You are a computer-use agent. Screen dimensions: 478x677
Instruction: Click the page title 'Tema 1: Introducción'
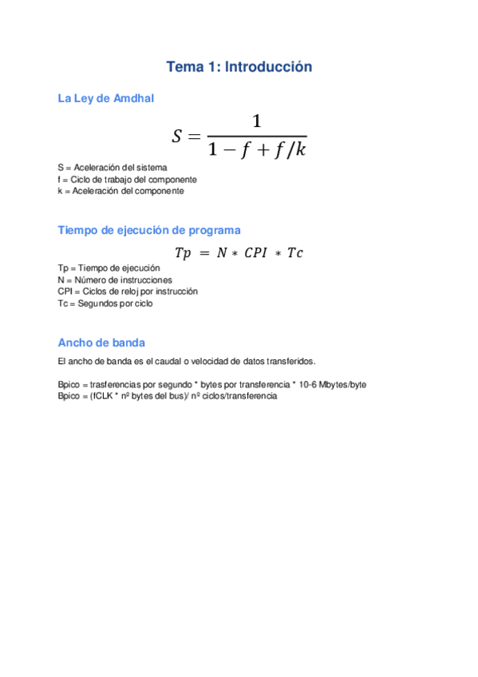(x=239, y=67)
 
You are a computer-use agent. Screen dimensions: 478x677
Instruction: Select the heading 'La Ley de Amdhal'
(x=106, y=98)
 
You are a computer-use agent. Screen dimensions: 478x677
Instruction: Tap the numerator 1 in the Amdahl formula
(x=256, y=122)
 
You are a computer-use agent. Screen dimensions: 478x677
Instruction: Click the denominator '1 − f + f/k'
(x=256, y=150)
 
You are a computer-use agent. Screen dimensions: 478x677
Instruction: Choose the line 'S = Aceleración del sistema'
(x=113, y=168)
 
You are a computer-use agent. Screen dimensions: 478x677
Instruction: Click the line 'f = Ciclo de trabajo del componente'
(x=127, y=180)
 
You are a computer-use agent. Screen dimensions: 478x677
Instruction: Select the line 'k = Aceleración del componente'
(x=120, y=191)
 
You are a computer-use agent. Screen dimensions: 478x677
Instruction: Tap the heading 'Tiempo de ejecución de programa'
(x=148, y=230)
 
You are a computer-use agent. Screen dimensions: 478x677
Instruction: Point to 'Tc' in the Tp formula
(x=294, y=253)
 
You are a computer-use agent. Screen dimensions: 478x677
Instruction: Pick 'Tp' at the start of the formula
(x=183, y=253)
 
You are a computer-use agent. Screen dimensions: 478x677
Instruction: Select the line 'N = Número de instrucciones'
(x=114, y=280)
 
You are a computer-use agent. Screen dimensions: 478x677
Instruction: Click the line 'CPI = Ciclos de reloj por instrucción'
(x=128, y=291)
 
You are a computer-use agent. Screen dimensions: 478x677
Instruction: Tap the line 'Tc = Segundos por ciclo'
(x=105, y=303)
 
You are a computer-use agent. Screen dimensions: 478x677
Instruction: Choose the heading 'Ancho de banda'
(x=101, y=342)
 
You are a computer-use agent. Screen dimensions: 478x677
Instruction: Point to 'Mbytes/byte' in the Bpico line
(x=342, y=384)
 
